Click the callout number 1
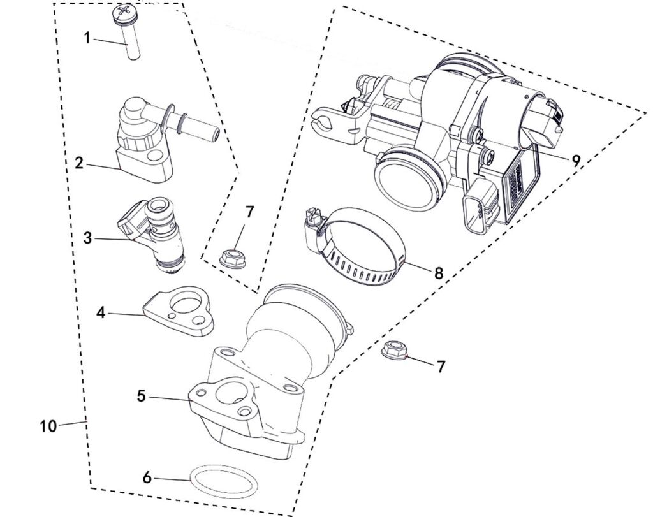(x=88, y=38)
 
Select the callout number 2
(x=78, y=163)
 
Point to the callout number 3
(x=88, y=239)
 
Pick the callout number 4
(x=100, y=312)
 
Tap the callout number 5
(x=141, y=395)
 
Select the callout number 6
(x=147, y=477)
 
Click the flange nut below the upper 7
(x=230, y=259)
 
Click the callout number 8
(x=438, y=273)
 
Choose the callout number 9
(x=576, y=161)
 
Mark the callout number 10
(x=48, y=426)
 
